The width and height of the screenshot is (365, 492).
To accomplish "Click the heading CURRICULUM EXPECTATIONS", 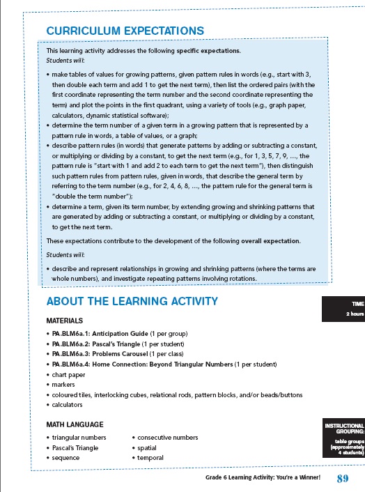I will click(x=125, y=31).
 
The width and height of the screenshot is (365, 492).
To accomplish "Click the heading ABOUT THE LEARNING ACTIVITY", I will click(x=132, y=301).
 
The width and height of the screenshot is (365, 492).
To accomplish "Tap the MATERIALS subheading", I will click(x=65, y=321).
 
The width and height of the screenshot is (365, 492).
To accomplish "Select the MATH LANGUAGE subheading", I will click(x=75, y=424).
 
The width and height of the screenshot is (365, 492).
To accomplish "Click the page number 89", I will click(x=342, y=478).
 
